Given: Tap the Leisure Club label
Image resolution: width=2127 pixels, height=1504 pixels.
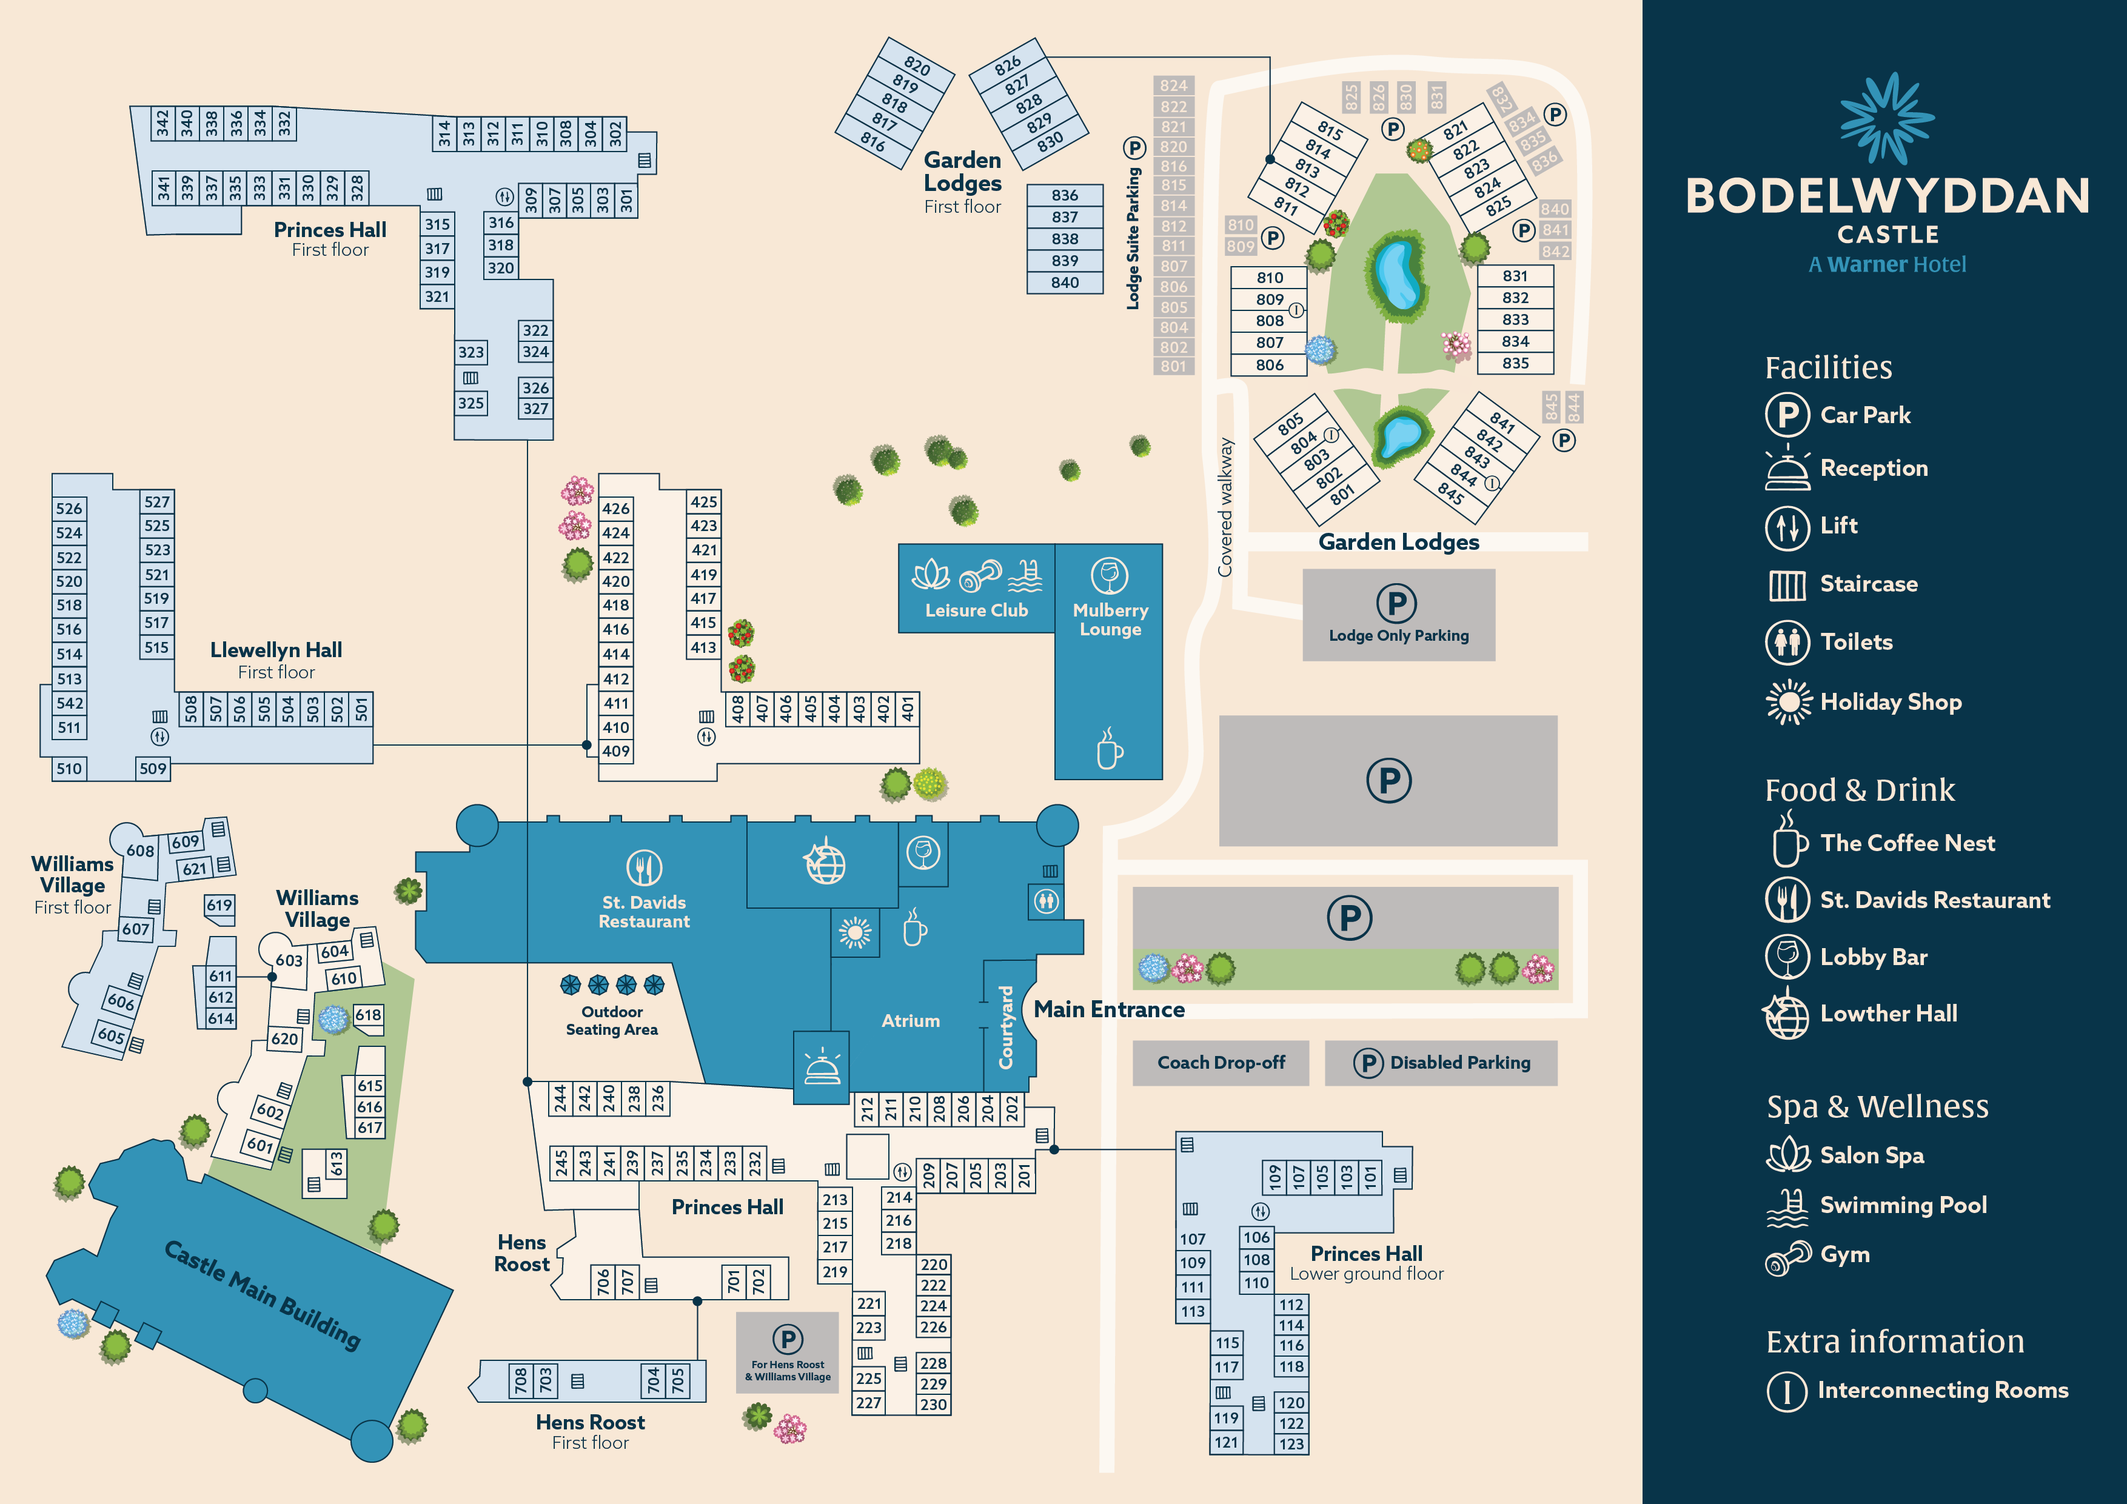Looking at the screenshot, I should coord(976,610).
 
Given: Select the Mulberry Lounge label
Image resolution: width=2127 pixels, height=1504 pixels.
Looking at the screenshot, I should coord(1110,620).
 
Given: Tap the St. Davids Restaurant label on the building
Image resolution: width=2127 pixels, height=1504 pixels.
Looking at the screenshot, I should coord(644,911).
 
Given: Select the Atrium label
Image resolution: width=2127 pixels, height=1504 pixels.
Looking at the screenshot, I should coord(909,1021).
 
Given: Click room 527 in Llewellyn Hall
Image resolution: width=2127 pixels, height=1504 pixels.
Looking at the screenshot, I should coord(156,502).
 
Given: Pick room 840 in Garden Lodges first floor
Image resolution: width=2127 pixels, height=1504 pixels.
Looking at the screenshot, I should coord(1065,282).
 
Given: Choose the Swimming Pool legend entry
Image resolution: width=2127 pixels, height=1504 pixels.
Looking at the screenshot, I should coord(1902,1205).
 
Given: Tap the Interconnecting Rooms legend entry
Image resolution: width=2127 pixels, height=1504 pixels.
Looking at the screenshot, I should coord(1941,1390).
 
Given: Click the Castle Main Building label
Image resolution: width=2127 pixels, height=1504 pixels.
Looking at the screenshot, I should coord(262,1294).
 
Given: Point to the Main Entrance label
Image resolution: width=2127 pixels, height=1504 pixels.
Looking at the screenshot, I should coord(1109,1009).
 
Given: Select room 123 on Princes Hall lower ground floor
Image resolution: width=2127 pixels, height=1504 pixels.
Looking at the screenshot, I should coord(1291,1444).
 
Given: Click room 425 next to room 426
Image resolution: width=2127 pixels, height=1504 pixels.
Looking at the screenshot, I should coord(703,502).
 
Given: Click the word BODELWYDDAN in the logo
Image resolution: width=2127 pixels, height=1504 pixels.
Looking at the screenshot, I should coord(1887,196).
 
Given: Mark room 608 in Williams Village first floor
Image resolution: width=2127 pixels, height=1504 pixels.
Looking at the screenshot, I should coord(141,850).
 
